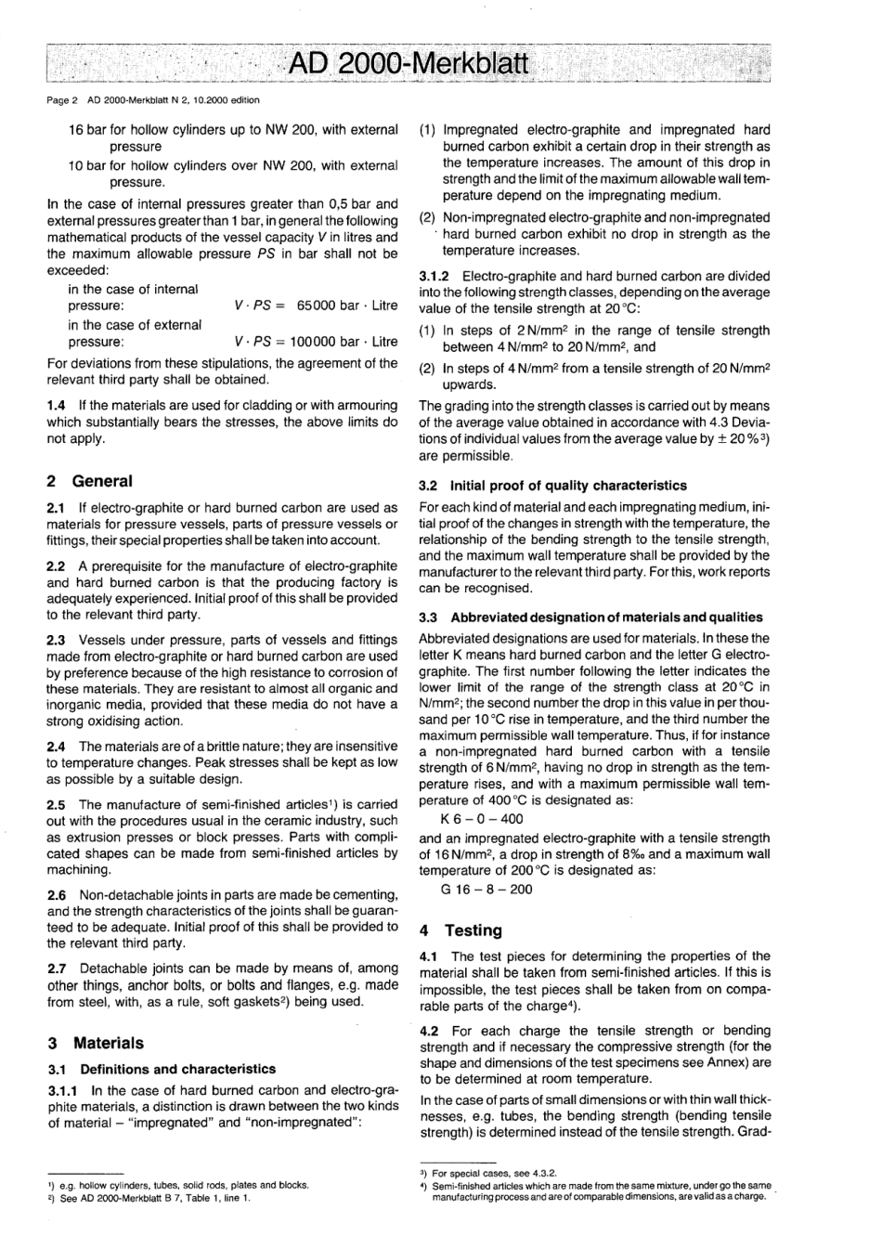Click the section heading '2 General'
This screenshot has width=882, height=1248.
click(89, 481)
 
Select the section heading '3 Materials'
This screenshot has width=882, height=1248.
click(95, 1043)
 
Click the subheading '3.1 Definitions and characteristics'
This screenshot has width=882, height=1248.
click(161, 1069)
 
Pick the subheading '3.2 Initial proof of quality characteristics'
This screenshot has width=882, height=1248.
click(552, 485)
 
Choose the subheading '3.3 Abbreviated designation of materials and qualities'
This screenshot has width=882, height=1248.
click(590, 617)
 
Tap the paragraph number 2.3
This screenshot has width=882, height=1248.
click(56, 640)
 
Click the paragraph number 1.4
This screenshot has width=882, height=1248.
click(56, 406)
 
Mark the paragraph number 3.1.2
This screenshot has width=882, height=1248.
click(435, 276)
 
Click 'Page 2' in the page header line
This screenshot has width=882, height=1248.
click(62, 99)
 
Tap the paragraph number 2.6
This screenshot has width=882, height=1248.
click(56, 894)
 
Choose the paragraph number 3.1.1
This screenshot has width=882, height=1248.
click(62, 1090)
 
